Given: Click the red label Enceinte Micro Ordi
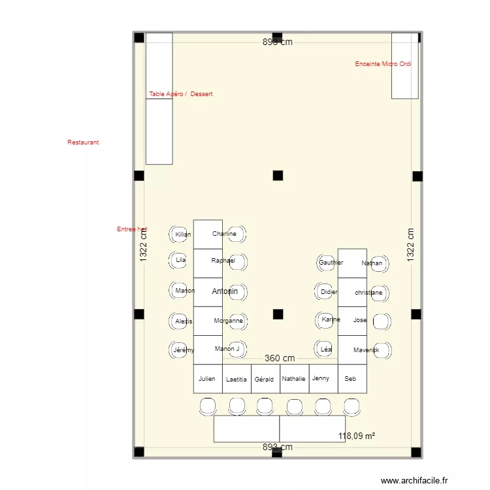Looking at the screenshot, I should [x=383, y=64].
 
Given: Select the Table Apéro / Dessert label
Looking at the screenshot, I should [x=180, y=94].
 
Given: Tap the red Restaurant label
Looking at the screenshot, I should [x=83, y=142].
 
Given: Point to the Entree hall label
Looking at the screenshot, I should [x=132, y=229].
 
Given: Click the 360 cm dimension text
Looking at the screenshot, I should [x=280, y=358].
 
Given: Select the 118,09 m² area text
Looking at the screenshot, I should [x=356, y=436].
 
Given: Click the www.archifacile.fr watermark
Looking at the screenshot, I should [x=414, y=480].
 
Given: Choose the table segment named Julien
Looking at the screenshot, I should [x=207, y=379].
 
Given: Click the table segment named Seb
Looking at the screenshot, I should [x=351, y=379].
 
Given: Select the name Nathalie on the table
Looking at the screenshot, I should [x=294, y=379].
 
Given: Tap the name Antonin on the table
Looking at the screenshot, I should [x=224, y=291].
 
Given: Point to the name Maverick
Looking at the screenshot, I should [x=366, y=350].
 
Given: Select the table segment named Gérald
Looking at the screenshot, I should [x=264, y=379].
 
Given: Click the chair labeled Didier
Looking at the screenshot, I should [x=328, y=292].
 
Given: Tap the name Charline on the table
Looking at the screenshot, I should [x=223, y=234].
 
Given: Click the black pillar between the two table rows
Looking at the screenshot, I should [x=278, y=314].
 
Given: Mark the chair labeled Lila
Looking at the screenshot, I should [x=180, y=260].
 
